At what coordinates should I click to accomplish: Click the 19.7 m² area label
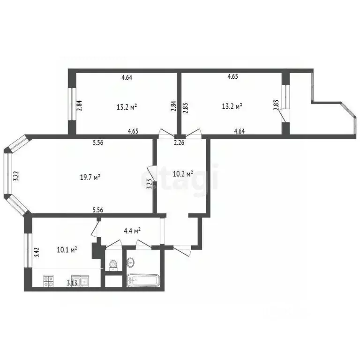90,177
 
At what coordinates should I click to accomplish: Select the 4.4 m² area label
132,231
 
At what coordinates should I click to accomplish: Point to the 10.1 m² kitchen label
67,249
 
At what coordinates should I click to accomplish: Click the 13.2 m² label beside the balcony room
232,106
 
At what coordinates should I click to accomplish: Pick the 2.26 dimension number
179,143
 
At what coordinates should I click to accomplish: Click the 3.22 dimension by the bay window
16,176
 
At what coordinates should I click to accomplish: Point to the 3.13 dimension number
72,283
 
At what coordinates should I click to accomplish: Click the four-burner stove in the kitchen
49,281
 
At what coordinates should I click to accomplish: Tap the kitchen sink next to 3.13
80,281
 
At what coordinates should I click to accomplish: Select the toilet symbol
112,266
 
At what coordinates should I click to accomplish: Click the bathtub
143,280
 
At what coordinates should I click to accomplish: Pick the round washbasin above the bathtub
131,261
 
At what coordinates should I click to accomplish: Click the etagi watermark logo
180,178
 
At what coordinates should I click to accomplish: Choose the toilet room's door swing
114,245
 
